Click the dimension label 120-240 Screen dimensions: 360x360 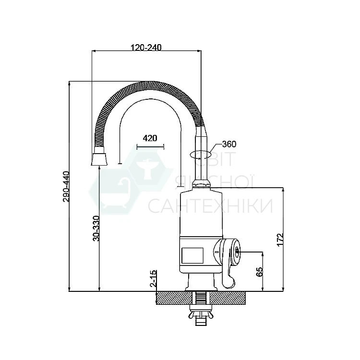146,48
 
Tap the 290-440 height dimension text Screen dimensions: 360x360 66,186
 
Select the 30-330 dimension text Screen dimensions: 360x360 96,228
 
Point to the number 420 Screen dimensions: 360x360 150,138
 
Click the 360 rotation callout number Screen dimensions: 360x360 229,144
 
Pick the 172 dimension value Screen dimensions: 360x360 280,240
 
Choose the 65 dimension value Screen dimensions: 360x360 259,272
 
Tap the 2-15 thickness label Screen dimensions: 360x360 154,278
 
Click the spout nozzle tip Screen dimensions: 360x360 99,159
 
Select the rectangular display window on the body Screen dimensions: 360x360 192,255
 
